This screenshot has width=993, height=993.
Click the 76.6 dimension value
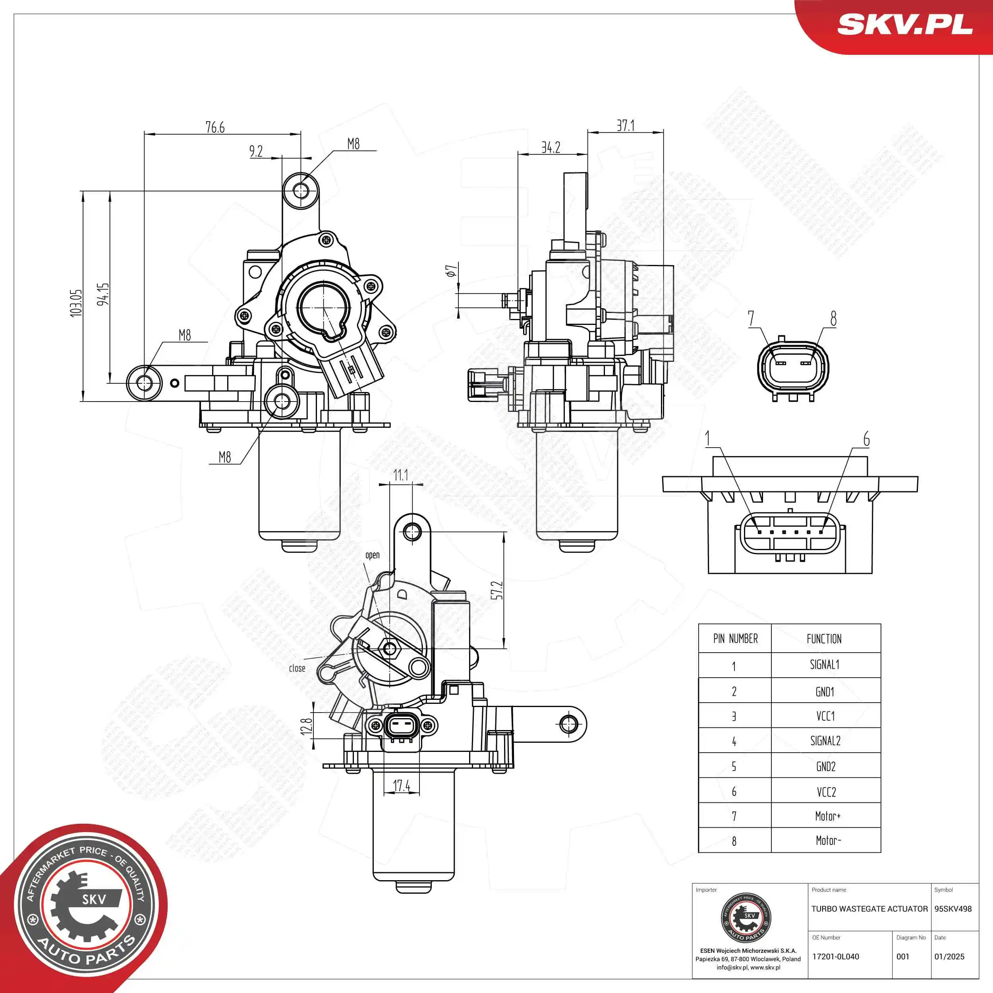(215, 127)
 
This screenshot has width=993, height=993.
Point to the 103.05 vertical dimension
(76, 303)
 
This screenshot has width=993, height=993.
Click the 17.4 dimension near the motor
(402, 785)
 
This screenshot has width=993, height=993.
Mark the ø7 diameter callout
(451, 271)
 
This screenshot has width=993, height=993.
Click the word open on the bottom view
(372, 555)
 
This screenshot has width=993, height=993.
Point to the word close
(297, 668)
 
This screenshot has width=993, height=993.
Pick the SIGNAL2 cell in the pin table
(825, 741)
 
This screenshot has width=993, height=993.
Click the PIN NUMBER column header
(735, 638)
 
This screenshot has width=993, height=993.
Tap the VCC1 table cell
(825, 716)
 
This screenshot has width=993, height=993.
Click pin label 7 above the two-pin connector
(751, 318)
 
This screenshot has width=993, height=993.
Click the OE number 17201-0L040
(835, 956)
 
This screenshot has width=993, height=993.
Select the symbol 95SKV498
(953, 909)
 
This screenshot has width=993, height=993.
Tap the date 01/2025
(949, 956)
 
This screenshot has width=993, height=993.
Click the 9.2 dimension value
(256, 151)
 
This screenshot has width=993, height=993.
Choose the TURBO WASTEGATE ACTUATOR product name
(869, 909)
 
